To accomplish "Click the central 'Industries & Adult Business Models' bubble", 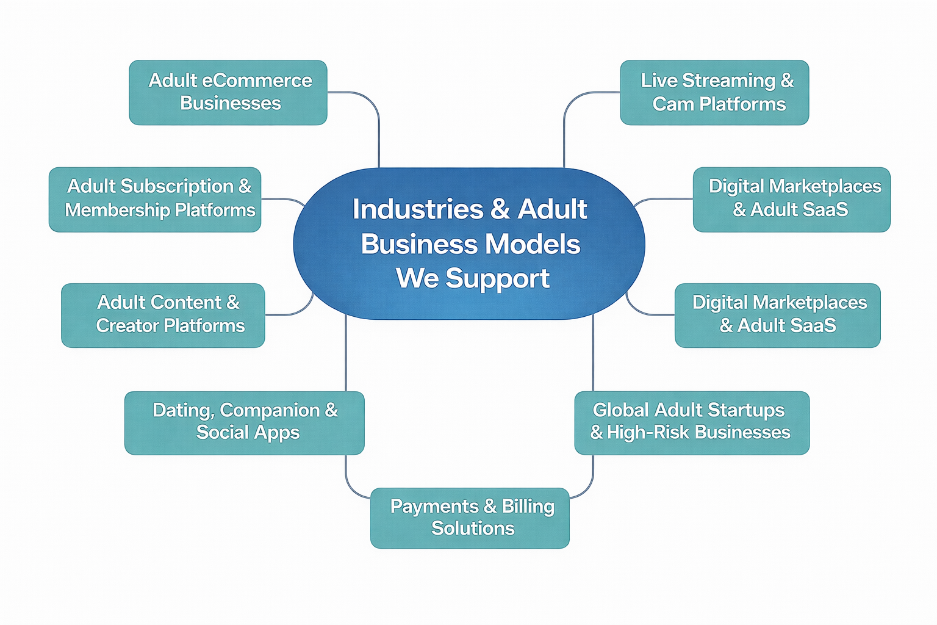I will [468, 244].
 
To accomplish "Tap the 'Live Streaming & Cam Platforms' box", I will [714, 93].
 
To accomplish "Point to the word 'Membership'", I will [117, 210].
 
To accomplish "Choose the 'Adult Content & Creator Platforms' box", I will [163, 315].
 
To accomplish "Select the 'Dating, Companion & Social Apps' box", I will [244, 422].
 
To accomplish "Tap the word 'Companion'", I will [270, 410].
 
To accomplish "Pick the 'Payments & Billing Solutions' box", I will [470, 518].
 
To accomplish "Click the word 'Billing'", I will [528, 507].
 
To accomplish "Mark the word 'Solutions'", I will [473, 529].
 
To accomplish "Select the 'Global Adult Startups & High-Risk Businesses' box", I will [692, 422].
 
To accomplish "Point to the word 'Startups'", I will [749, 410].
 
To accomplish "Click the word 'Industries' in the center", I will [418, 209].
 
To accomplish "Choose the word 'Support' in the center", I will [497, 279].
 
